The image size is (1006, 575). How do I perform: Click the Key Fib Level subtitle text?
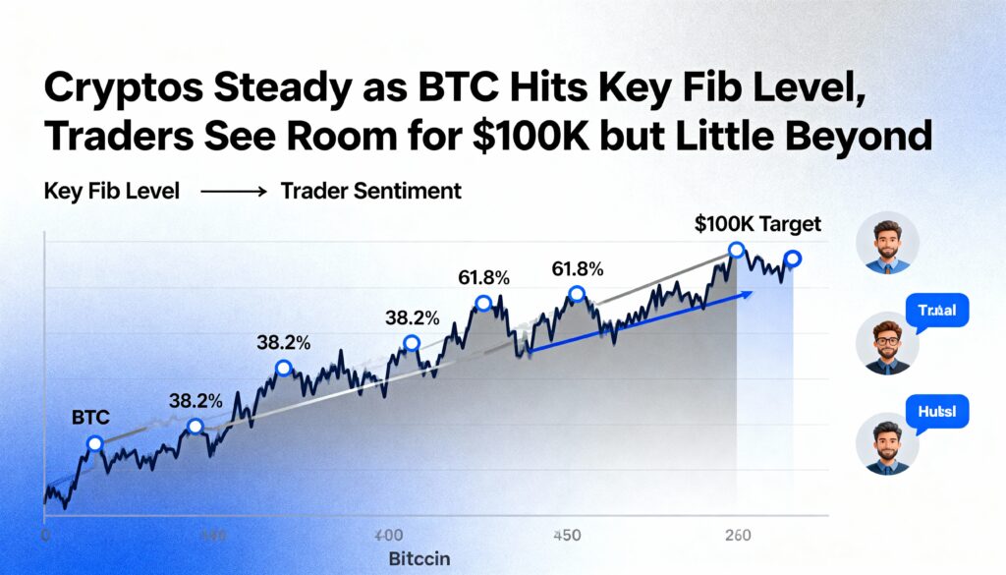pos(112,192)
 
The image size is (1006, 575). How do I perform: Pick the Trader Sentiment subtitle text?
pos(370,192)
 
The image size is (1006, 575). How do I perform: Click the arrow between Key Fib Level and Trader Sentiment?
pos(233,193)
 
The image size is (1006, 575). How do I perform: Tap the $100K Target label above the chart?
pos(757,224)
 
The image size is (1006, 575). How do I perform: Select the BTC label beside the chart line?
pos(90,418)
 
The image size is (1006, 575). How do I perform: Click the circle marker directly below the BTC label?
pos(94,444)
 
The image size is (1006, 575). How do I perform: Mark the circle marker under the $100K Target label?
pos(736,251)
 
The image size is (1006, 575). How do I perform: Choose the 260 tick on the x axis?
pos(737,536)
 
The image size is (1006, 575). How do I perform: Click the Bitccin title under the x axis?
pos(419,558)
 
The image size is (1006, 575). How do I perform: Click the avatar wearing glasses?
pos(887,342)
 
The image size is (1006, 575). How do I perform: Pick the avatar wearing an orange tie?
pos(887,243)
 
